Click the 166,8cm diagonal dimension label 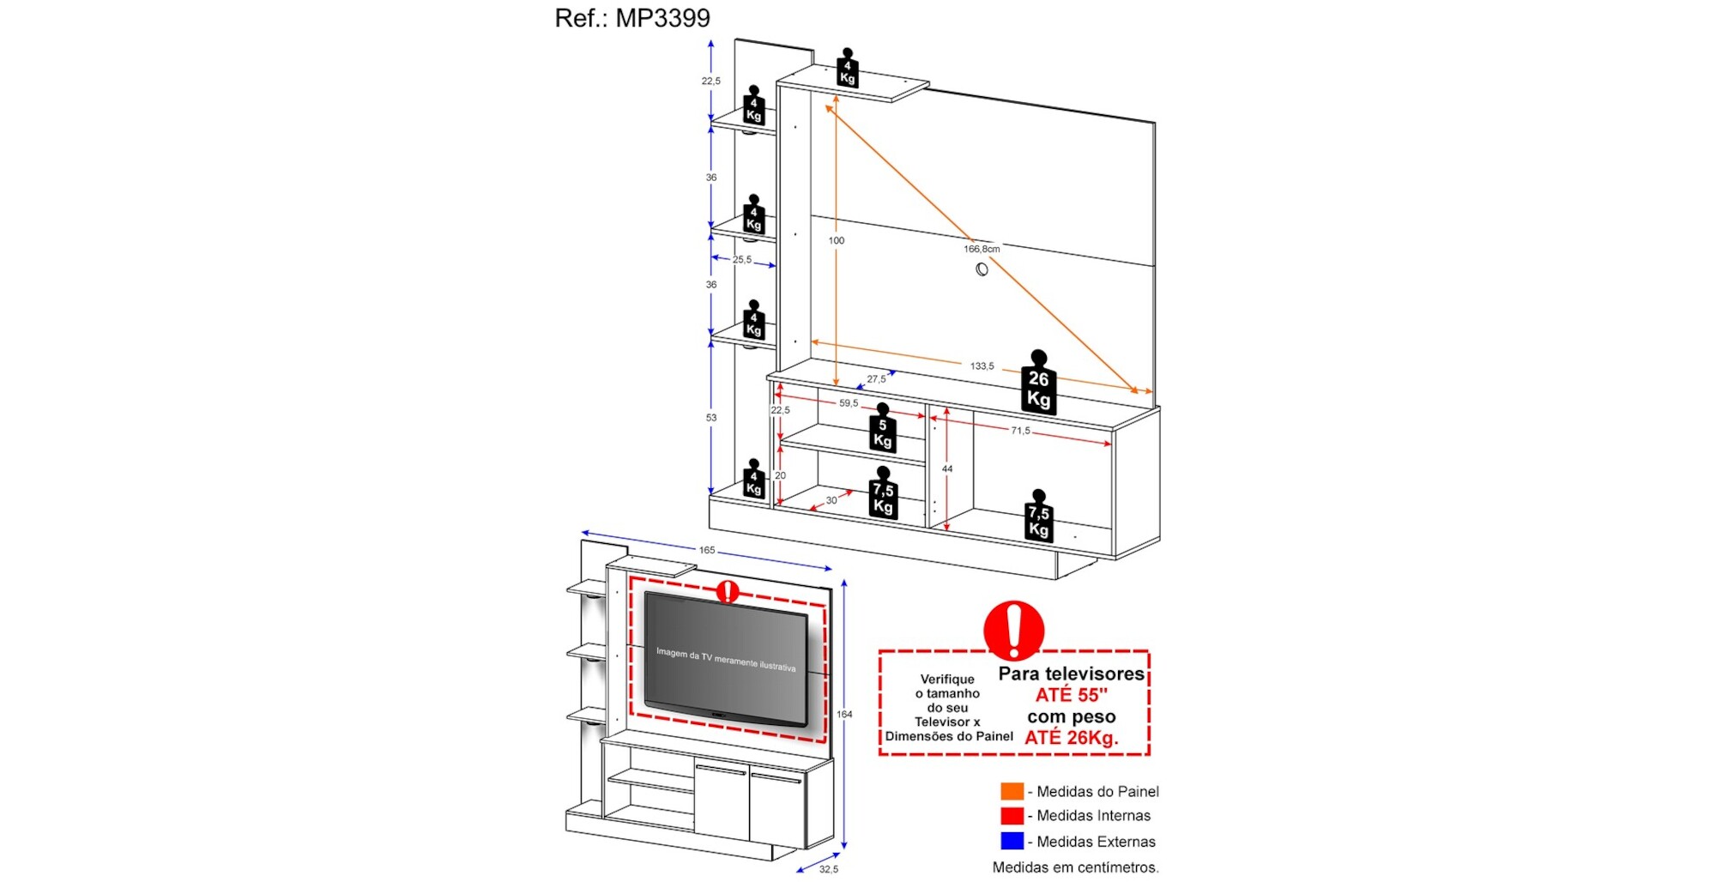pos(982,249)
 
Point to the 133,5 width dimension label pos(982,366)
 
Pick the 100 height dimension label pos(837,241)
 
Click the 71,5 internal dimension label pos(1020,431)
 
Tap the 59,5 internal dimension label pos(849,403)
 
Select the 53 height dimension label pos(711,418)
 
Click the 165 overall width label pos(707,550)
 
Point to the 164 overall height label pos(844,714)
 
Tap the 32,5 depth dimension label pos(829,869)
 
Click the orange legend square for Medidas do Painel pos(1012,791)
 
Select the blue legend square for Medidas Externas pos(1012,841)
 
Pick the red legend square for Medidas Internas pos(1012,815)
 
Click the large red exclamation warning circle pos(1013,631)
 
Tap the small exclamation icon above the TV pos(728,591)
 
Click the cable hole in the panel pos(982,269)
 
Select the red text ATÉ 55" pos(1071,695)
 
